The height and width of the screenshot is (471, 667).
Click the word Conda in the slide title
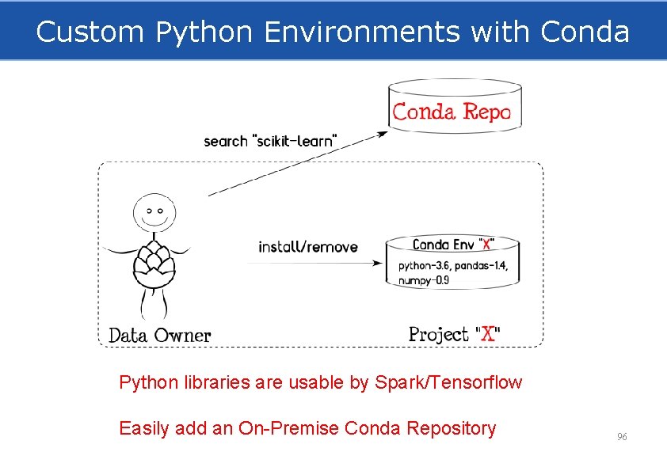coord(585,32)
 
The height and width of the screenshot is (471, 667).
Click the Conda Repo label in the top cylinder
coord(452,112)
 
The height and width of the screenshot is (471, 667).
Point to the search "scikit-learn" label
coord(271,141)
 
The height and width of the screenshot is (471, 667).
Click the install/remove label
coord(308,247)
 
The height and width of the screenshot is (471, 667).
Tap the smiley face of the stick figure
coord(154,211)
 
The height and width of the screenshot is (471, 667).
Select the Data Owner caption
coord(160,335)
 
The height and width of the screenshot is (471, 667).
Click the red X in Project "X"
coord(489,334)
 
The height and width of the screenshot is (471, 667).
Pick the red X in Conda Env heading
coord(486,245)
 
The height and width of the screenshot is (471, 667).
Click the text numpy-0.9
coord(424,280)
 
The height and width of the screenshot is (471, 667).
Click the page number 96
coord(622,437)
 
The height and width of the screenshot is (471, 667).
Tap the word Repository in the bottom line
coord(451,429)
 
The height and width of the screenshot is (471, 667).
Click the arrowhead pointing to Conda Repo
coord(383,133)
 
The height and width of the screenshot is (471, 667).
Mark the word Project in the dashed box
coord(439,335)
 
